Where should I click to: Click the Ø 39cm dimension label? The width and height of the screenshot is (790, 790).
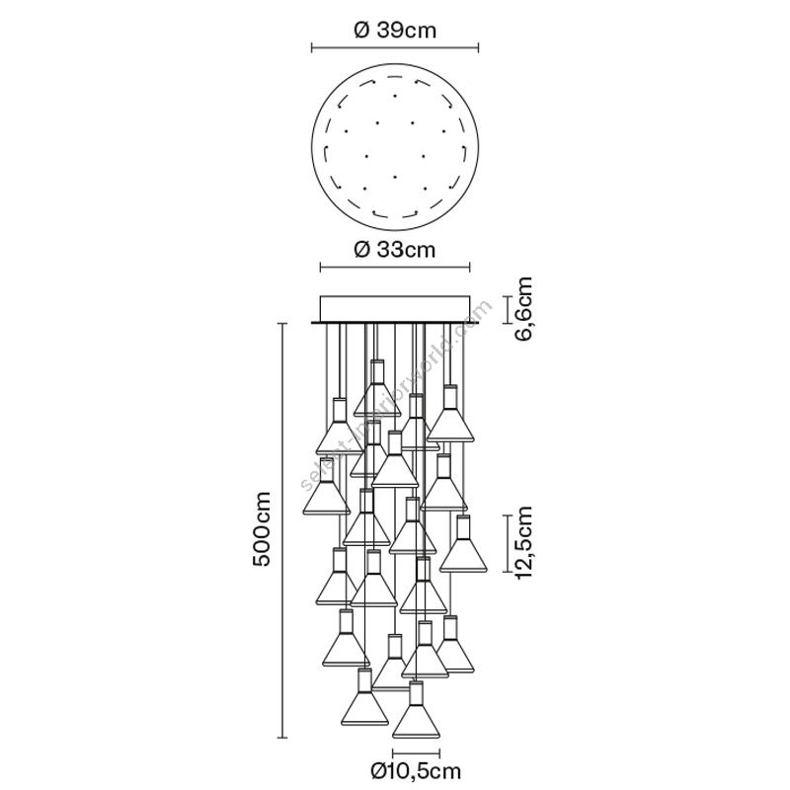coord(395,31)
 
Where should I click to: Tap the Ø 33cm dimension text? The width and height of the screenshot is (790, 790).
coord(395,250)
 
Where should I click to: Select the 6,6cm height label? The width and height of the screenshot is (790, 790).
coord(522,309)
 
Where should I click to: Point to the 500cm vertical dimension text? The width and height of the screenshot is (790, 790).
coord(262,528)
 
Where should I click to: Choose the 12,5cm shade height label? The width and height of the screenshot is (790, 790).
coord(522,544)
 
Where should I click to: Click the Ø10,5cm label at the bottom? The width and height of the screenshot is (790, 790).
coord(416,770)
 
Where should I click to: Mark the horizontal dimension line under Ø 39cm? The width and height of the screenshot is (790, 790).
coord(395,47)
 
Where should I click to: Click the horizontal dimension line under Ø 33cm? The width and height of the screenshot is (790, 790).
coord(395,268)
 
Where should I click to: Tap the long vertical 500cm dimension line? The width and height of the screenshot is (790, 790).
coord(282,530)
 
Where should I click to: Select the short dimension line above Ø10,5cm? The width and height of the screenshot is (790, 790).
coord(416,753)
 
